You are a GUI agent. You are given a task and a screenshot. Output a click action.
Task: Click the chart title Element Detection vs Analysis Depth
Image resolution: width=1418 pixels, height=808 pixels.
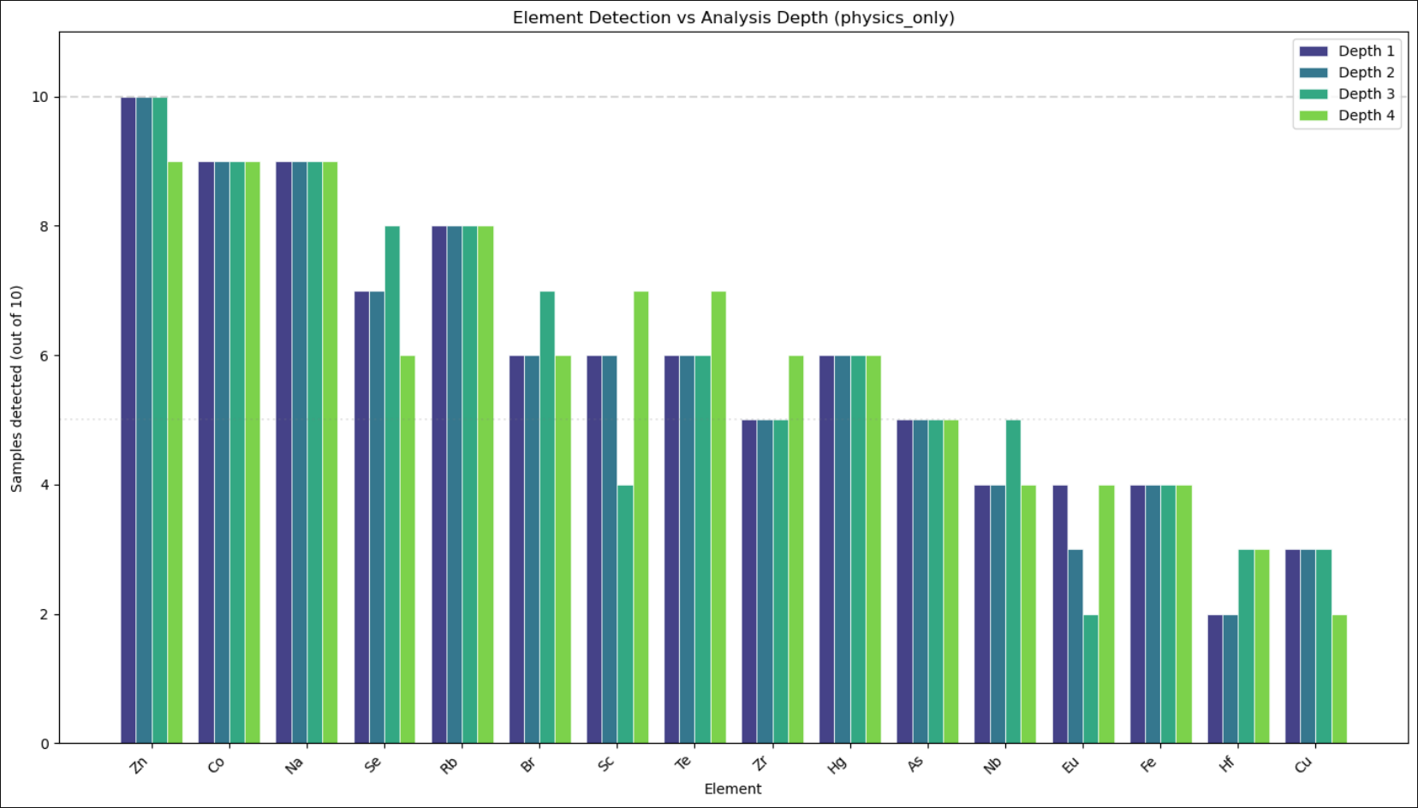(733, 18)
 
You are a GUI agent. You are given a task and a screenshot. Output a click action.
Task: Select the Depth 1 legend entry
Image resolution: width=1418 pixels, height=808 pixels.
(1366, 51)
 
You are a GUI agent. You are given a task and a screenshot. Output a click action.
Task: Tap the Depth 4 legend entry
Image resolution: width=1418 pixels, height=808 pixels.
(1366, 116)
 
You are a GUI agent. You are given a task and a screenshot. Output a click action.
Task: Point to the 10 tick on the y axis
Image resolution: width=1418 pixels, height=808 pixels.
(40, 98)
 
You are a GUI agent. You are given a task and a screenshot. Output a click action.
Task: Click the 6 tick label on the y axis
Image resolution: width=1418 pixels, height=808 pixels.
(44, 356)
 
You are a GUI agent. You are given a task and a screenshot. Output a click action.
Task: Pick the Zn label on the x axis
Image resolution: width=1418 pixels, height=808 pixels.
(139, 764)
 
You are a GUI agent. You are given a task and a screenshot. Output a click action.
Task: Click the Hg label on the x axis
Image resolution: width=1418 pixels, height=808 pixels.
(837, 764)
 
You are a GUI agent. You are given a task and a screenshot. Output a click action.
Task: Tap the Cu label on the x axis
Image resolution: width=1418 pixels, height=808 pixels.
(1302, 764)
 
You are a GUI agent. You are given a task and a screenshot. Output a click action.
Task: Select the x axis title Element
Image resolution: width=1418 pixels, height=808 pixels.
(732, 788)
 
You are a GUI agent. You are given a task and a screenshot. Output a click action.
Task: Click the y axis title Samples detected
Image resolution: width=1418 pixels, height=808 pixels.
(16, 388)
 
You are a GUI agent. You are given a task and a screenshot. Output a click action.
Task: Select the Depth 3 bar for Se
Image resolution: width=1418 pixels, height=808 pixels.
(392, 485)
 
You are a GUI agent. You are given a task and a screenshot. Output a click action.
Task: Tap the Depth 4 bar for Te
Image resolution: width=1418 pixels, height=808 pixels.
(718, 518)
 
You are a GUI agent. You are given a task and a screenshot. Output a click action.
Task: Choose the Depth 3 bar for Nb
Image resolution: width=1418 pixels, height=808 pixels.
(1013, 582)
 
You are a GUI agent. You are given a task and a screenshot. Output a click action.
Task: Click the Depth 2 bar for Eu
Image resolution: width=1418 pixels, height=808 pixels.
(1075, 647)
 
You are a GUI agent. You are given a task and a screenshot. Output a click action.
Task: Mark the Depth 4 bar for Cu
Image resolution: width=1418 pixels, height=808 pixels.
(1339, 679)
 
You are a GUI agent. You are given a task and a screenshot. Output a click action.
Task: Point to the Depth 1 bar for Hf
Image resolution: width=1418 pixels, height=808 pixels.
(1215, 679)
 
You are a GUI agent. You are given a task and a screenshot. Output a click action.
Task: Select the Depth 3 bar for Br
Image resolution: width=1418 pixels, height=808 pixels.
(547, 518)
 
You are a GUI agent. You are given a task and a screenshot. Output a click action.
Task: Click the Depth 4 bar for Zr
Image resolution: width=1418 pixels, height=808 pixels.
(795, 549)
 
